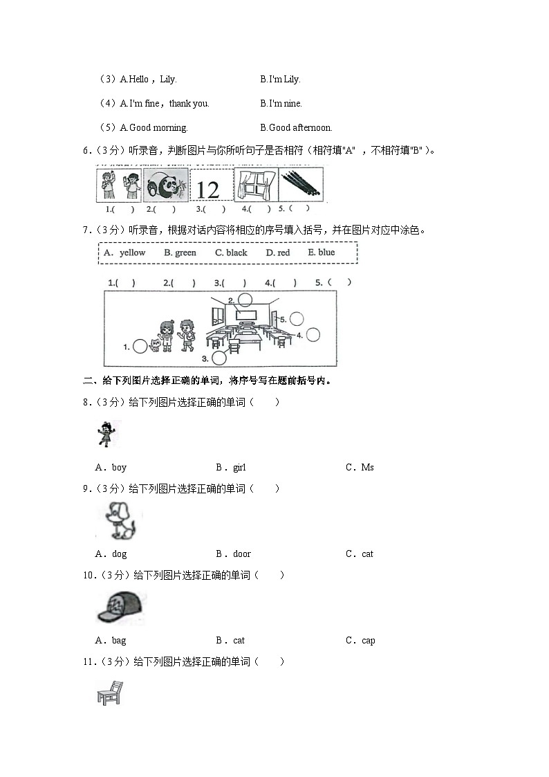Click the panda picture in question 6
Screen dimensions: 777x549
point(166,185)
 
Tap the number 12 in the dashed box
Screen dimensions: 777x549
point(207,189)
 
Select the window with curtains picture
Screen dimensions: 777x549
point(256,185)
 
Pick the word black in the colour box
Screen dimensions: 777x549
point(236,253)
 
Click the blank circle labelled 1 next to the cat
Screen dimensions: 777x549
point(140,347)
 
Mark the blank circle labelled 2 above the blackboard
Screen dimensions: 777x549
point(245,300)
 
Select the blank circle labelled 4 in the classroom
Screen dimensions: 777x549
point(313,335)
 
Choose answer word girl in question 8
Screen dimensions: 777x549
point(239,468)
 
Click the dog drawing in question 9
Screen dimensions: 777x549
point(120,520)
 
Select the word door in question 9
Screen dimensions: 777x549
point(241,554)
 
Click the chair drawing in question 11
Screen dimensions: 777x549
point(109,693)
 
